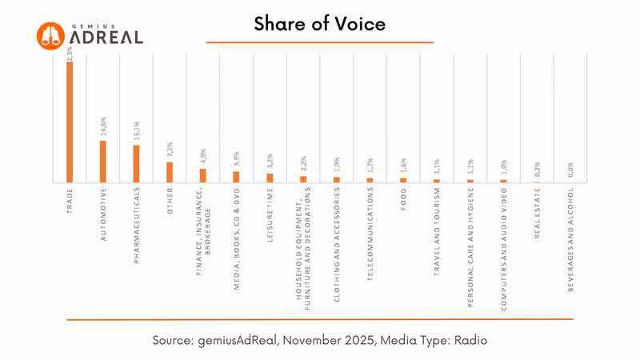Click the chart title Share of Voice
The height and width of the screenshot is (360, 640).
click(x=320, y=24)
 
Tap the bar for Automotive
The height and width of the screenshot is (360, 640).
click(x=103, y=162)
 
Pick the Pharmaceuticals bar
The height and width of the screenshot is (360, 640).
click(x=136, y=164)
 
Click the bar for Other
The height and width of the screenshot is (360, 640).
click(x=170, y=172)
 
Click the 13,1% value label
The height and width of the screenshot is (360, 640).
click(x=137, y=133)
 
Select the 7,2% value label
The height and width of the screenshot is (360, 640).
click(x=170, y=151)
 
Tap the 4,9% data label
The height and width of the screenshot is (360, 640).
click(x=203, y=158)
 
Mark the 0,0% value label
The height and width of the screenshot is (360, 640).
click(x=571, y=170)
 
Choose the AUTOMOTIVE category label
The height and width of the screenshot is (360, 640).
click(x=103, y=214)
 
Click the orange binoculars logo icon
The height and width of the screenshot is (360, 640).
click(x=50, y=35)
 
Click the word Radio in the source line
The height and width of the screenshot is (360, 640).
click(x=470, y=340)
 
